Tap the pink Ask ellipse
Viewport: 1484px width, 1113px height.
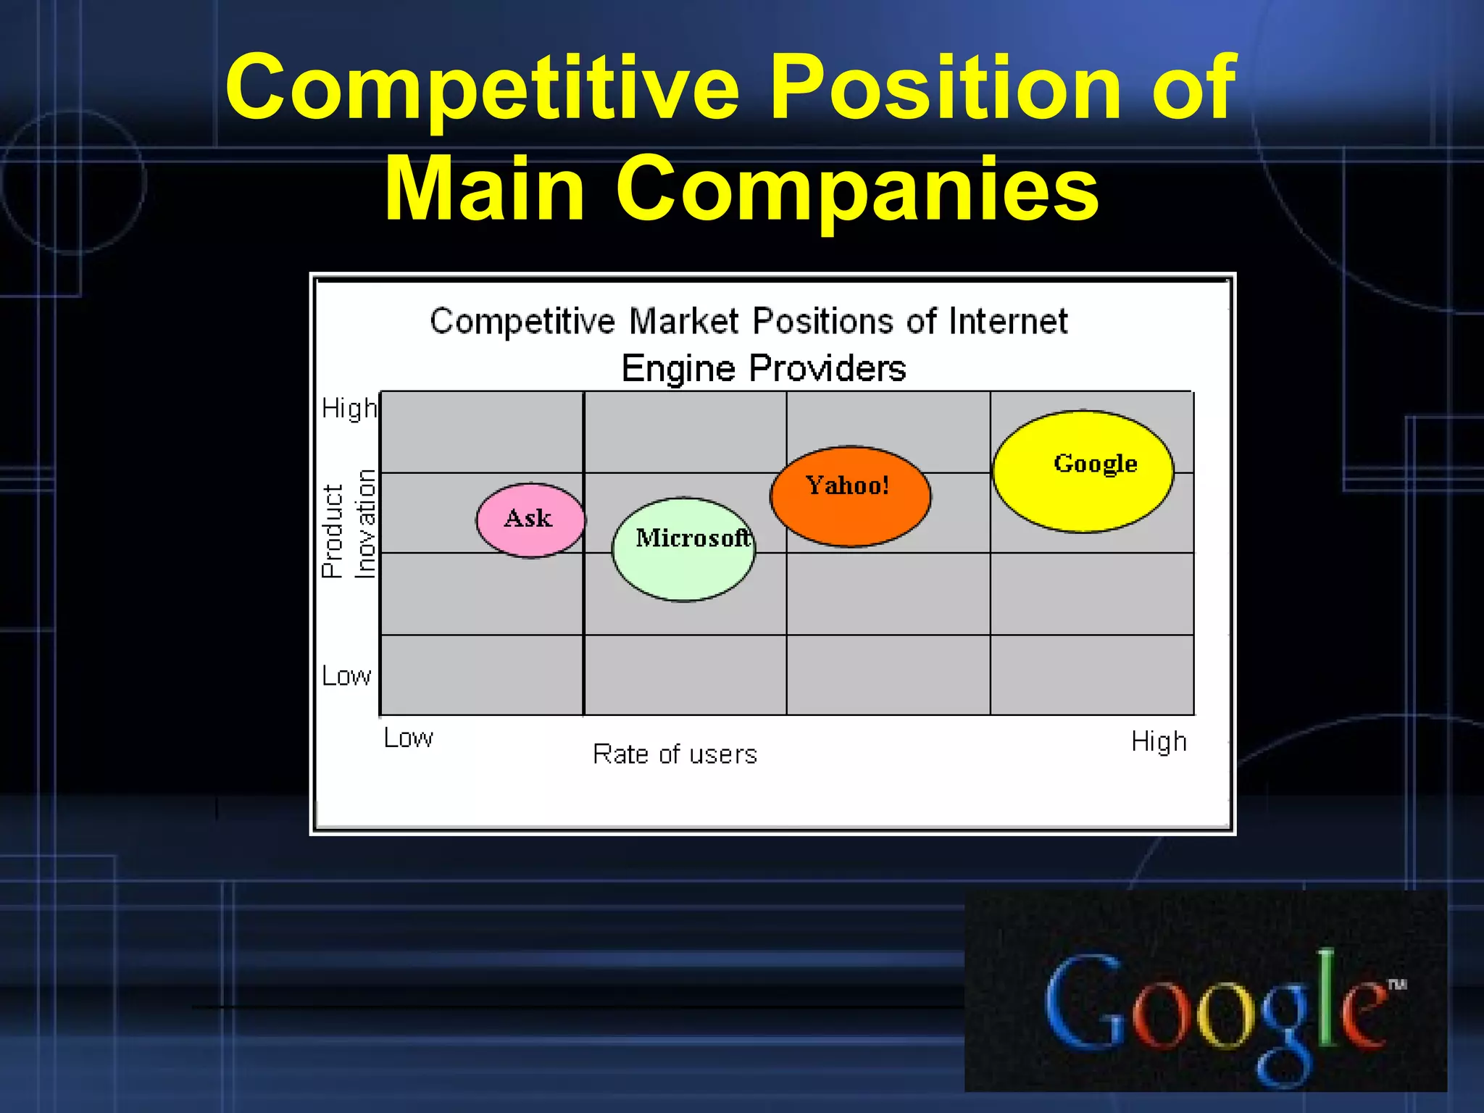[530, 520]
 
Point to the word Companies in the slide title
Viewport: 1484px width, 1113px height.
[857, 190]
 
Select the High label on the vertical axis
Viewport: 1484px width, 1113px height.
[349, 409]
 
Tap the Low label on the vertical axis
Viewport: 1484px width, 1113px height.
[346, 676]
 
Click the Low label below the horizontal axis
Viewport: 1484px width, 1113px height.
[408, 738]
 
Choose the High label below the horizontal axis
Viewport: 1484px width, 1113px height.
[1159, 742]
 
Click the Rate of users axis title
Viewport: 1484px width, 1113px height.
[675, 754]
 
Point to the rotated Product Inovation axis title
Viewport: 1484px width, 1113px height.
[349, 524]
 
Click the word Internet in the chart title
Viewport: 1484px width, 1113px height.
[1008, 321]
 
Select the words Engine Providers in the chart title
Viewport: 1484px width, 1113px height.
[764, 368]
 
